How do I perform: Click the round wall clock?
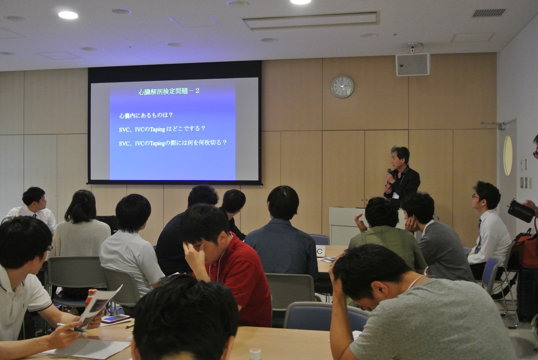[343, 87]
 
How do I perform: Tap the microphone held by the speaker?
[389, 174]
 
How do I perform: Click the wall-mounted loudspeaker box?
[413, 64]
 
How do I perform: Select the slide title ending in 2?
[169, 91]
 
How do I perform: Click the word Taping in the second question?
[157, 129]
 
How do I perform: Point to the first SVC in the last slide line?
[124, 144]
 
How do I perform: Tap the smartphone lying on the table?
[116, 319]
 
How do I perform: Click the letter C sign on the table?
[320, 251]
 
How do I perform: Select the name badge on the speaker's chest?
[395, 195]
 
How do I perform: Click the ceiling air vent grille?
[489, 13]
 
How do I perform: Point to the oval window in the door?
[507, 156]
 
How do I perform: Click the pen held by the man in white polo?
[71, 328]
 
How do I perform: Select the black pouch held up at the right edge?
[521, 211]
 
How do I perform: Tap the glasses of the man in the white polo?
[49, 248]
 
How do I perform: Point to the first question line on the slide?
[146, 116]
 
